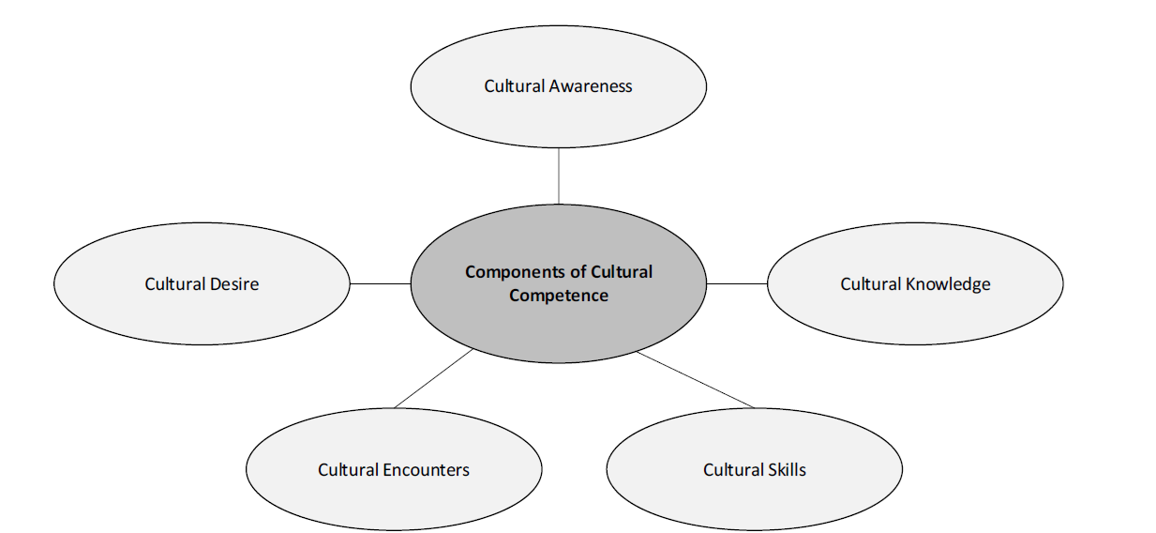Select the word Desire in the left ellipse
(234, 283)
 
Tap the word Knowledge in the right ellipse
(948, 283)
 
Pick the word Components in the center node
(512, 272)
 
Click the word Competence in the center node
(559, 296)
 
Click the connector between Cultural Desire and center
(380, 283)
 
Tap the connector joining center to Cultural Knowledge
(737, 283)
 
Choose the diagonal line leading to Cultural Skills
(696, 380)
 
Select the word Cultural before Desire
(175, 283)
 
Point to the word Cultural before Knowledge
(871, 283)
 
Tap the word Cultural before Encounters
(349, 469)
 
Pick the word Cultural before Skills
(734, 469)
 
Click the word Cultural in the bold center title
(622, 272)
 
